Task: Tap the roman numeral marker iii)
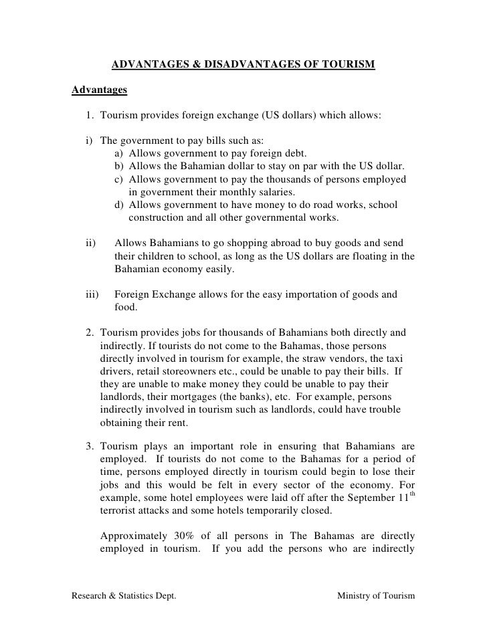click(x=93, y=294)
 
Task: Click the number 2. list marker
click(x=90, y=332)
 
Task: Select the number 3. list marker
click(x=90, y=447)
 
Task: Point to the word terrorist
click(x=120, y=512)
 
